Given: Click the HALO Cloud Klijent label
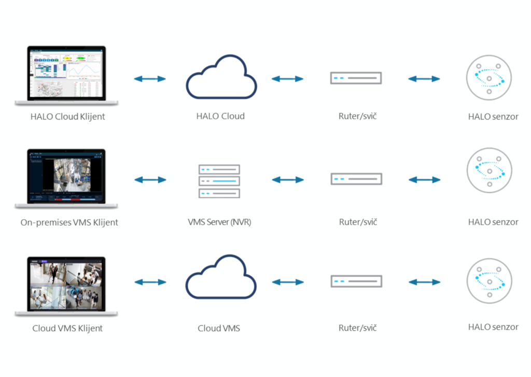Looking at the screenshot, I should tap(67, 116).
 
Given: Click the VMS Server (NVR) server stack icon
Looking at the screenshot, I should tap(219, 181).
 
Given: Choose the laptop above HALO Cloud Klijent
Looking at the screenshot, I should tap(66, 76).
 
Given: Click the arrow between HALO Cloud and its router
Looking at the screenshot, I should tap(287, 79).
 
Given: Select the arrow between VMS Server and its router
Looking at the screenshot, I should tap(287, 180).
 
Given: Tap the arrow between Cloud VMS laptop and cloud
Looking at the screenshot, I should tap(150, 282).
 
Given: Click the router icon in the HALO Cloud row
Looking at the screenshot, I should tap(356, 78).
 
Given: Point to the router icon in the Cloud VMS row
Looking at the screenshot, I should tap(356, 281).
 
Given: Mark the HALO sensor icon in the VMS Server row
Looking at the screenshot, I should tap(489, 171).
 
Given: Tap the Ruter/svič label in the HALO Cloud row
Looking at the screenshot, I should tap(357, 116).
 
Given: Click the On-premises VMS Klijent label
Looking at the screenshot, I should tap(69, 222).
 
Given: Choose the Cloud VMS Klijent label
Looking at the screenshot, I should tap(67, 328).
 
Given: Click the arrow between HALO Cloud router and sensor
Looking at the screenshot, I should tap(424, 79).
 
